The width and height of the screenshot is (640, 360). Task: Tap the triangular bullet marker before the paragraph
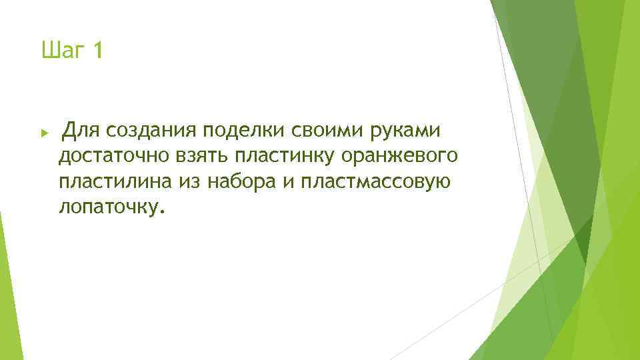[x=45, y=133]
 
